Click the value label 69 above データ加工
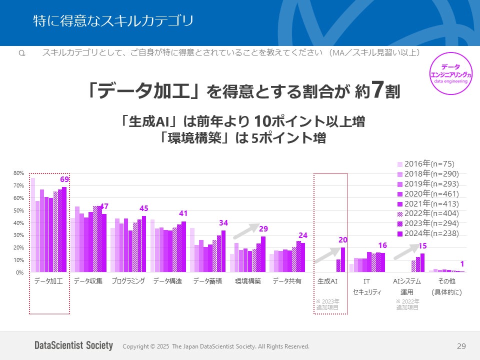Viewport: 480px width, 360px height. coord(64,179)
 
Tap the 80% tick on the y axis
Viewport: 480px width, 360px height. coord(18,173)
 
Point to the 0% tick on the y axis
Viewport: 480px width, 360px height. coord(19,272)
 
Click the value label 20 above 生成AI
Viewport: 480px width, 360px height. coord(342,240)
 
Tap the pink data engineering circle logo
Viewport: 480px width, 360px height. coord(451,73)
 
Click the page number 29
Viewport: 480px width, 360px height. coord(461,346)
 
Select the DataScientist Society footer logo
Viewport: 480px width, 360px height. coord(74,346)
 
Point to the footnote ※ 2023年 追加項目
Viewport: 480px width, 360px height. coord(327,304)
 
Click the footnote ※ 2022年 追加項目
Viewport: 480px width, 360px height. coord(407,304)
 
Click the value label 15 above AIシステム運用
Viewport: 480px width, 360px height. coord(422,246)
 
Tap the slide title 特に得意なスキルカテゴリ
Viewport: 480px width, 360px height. coord(113,21)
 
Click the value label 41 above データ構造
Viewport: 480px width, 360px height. coord(183,213)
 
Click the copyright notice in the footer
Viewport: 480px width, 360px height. coord(216,346)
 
